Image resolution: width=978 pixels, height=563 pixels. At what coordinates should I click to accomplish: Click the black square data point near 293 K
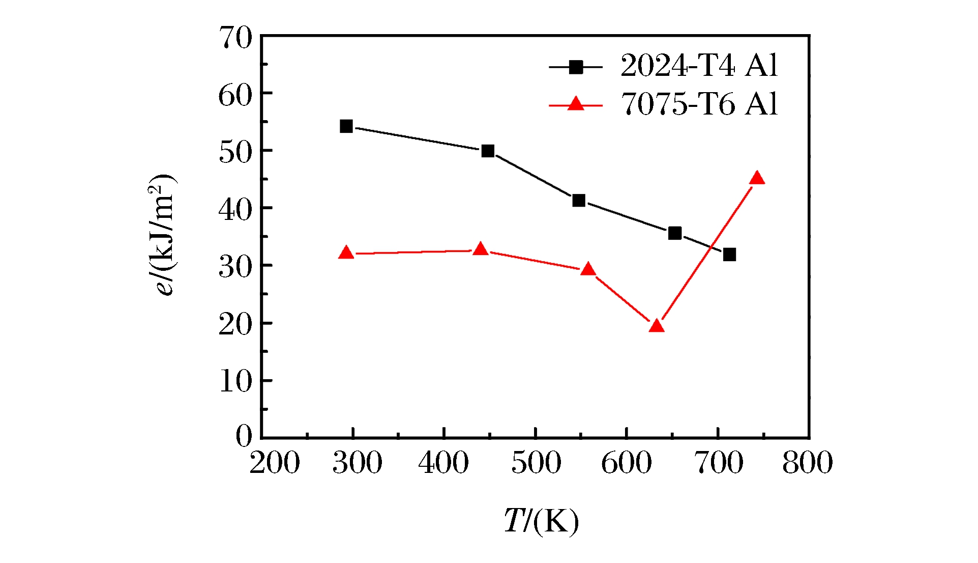click(x=346, y=126)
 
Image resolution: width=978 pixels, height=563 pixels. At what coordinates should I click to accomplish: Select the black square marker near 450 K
click(x=488, y=151)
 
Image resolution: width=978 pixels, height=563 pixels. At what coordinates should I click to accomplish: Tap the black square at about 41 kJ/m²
click(x=578, y=201)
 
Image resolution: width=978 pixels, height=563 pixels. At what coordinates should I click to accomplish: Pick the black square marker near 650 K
click(x=675, y=233)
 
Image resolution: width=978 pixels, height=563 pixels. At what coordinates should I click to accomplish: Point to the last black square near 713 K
click(x=729, y=255)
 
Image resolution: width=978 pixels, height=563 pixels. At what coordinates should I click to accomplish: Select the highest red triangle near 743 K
click(x=757, y=178)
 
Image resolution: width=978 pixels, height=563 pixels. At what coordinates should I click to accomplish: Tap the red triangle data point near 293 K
click(x=346, y=252)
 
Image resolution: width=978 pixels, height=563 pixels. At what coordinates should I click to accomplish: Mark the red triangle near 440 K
click(x=481, y=249)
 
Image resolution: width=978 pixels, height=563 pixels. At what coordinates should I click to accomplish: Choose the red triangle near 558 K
click(x=588, y=269)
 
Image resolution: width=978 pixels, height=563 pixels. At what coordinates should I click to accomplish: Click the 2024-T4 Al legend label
click(x=699, y=66)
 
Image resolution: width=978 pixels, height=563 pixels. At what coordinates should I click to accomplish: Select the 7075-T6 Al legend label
click(x=699, y=104)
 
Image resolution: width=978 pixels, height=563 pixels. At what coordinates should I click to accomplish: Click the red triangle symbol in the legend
click(x=576, y=104)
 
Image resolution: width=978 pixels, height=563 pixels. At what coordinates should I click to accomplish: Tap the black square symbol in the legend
click(x=576, y=67)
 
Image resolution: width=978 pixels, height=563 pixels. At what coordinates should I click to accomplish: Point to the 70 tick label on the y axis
click(x=235, y=38)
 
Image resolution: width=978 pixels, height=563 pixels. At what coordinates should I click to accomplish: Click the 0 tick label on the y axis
click(x=244, y=436)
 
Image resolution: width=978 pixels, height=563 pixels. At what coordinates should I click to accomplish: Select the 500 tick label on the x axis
click(x=536, y=463)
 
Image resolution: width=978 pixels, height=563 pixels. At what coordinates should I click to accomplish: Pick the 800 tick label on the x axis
click(x=807, y=463)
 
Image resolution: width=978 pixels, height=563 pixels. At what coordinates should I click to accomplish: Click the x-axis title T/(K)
click(x=541, y=521)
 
